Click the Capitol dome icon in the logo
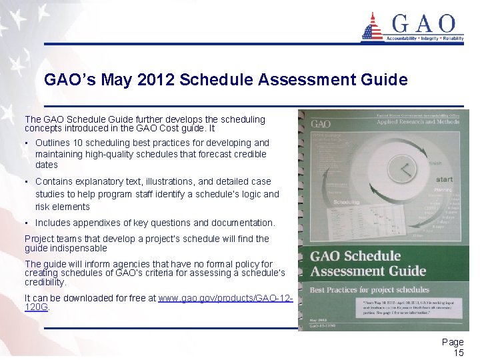click(x=371, y=27)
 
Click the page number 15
click(x=458, y=353)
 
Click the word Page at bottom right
click(x=453, y=342)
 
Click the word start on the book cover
click(x=444, y=179)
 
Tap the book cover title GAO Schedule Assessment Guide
click(x=368, y=263)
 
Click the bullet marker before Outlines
click(x=27, y=143)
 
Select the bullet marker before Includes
click(x=27, y=223)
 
